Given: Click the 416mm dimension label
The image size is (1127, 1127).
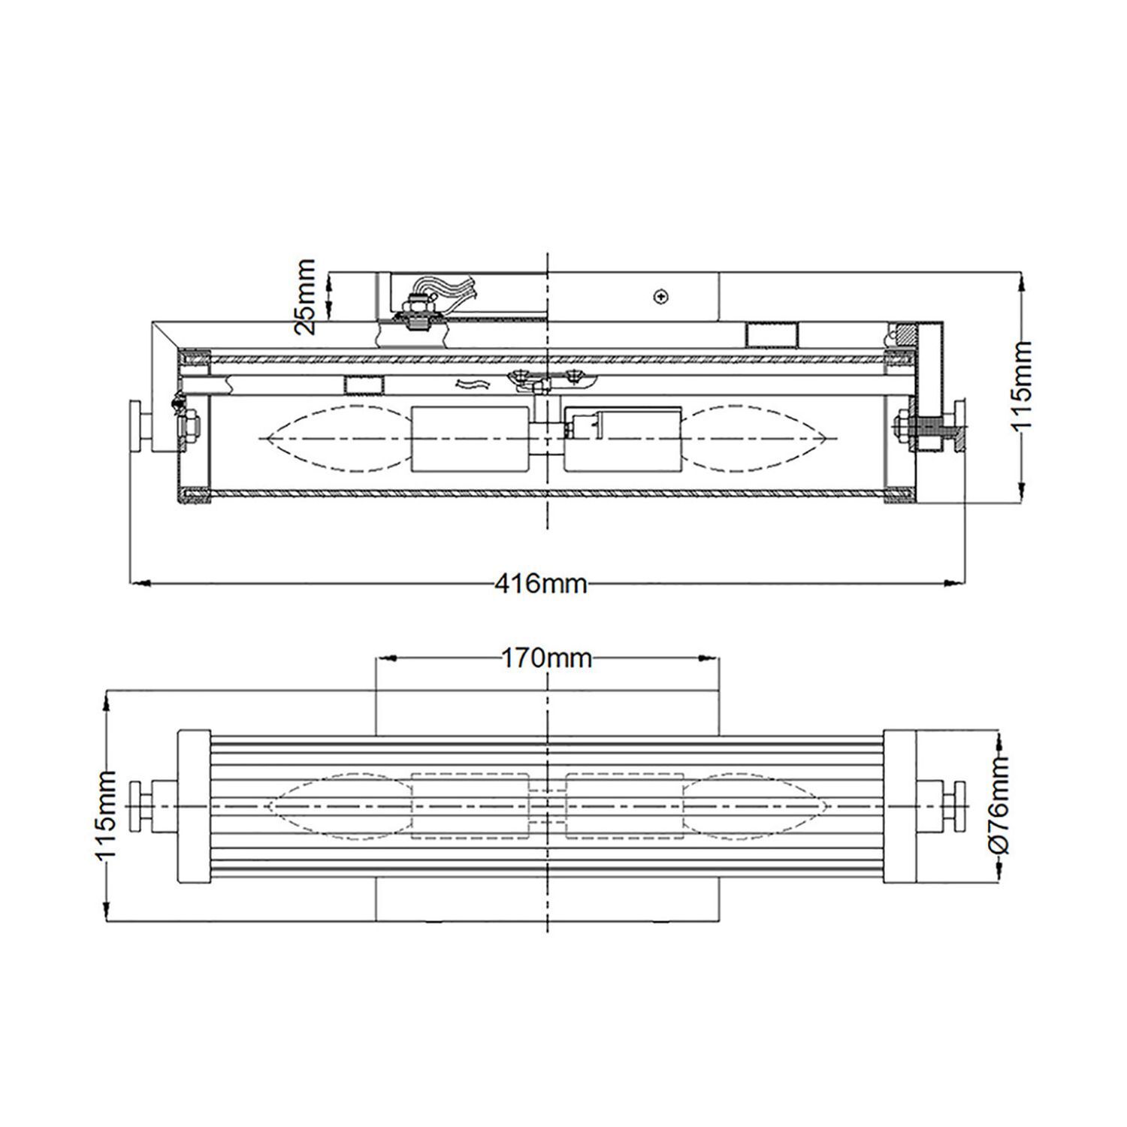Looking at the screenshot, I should pyautogui.click(x=541, y=584).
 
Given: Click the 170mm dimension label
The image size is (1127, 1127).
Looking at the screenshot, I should pyautogui.click(x=546, y=659).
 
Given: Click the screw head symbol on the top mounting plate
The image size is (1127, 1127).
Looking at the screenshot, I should pyautogui.click(x=661, y=297).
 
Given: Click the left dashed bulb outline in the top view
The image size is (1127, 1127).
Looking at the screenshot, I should pyautogui.click(x=334, y=439).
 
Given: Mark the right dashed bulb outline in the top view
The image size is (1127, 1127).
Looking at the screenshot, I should pyautogui.click(x=755, y=439).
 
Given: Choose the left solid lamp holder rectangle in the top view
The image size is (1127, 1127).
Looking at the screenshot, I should pyautogui.click(x=470, y=439).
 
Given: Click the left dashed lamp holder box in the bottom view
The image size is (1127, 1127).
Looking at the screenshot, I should pyautogui.click(x=470, y=805).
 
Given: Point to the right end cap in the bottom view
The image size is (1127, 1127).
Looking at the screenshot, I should pyautogui.click(x=899, y=805).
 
